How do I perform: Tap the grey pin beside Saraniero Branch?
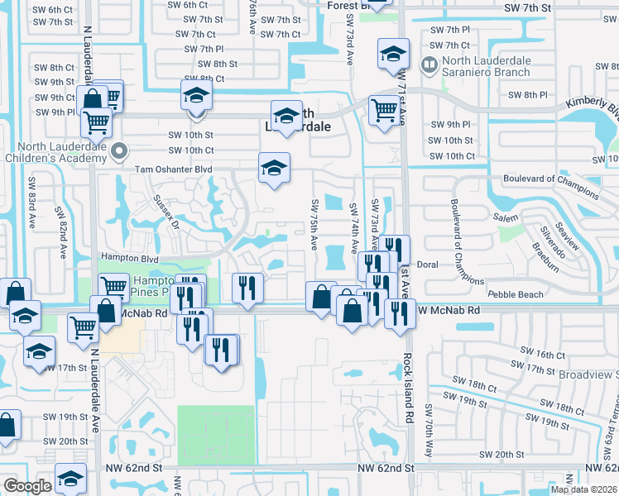point(429,64)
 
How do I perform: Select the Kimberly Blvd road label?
point(592,107)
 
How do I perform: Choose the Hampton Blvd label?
point(128,258)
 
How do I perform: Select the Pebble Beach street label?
point(516,294)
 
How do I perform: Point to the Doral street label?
point(427,265)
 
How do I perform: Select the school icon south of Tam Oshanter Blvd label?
point(275,167)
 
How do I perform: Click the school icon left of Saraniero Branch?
point(392,55)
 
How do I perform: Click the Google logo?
point(27,486)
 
